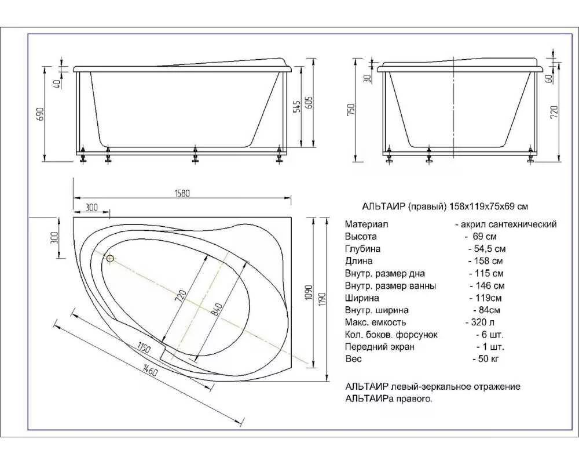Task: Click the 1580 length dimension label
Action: tap(182, 193)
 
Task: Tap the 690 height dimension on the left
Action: tap(41, 114)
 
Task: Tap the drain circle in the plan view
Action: tap(110, 258)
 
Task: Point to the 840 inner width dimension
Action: tap(217, 309)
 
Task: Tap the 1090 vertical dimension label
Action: tap(309, 292)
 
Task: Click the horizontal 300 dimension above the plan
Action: tap(91, 208)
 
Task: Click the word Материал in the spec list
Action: tap(367, 224)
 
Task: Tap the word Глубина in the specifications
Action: tap(362, 249)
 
